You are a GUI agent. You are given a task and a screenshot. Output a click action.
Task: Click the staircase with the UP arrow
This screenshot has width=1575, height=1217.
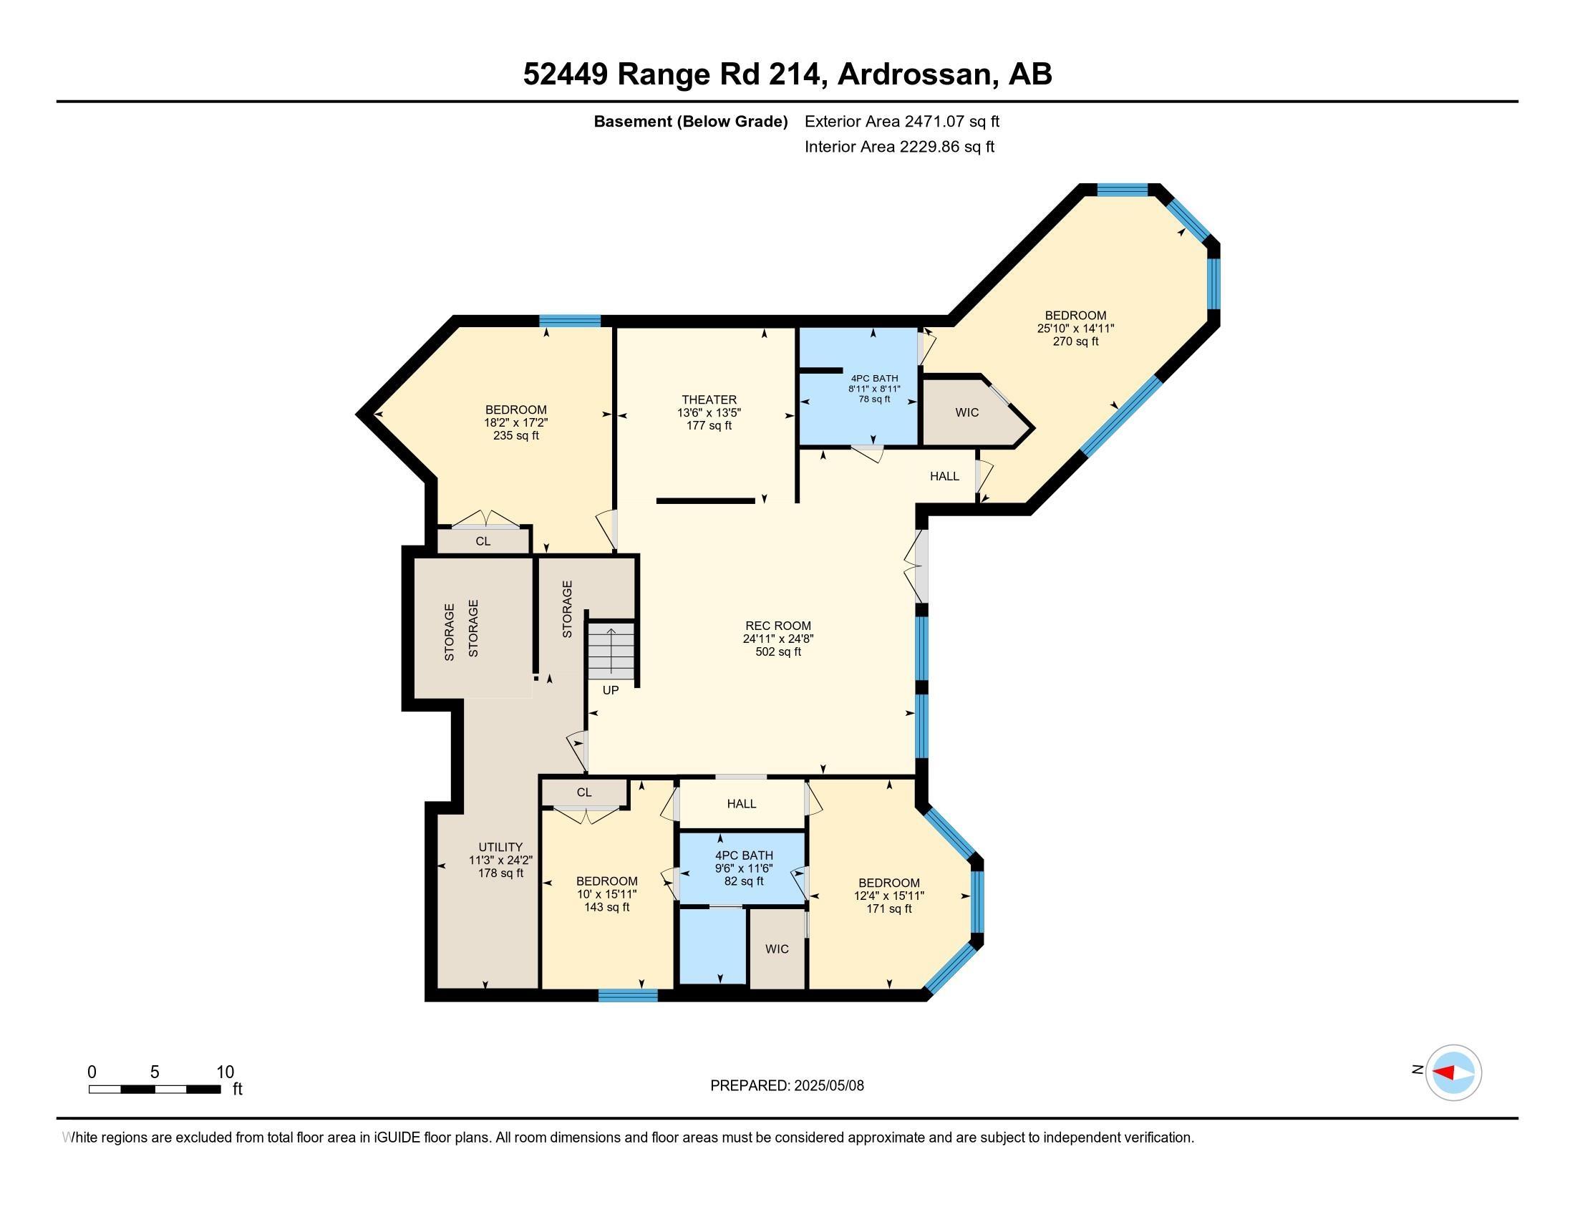click(x=611, y=651)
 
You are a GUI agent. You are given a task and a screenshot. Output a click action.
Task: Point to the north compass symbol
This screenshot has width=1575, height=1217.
click(x=1453, y=1072)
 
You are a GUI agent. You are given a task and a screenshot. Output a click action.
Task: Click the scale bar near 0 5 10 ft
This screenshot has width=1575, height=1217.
click(x=155, y=1089)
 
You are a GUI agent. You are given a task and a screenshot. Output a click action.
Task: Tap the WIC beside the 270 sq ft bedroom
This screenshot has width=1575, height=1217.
click(x=966, y=412)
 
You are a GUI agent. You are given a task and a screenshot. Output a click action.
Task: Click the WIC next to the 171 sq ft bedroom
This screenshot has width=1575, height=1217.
click(x=777, y=949)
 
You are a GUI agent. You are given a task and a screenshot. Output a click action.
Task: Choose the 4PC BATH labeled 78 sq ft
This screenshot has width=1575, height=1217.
click(x=874, y=388)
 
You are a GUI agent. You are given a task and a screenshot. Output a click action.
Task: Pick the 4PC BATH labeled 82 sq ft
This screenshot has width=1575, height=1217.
click(x=744, y=868)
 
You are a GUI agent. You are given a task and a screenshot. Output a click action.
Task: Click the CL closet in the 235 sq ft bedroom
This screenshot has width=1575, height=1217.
click(x=483, y=540)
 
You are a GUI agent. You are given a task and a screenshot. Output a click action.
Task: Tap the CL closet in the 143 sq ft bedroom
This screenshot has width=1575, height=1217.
click(x=584, y=792)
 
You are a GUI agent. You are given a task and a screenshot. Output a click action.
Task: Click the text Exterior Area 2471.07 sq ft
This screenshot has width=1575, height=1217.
click(x=901, y=121)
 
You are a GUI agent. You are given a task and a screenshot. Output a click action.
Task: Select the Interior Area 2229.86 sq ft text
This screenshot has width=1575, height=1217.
click(x=898, y=146)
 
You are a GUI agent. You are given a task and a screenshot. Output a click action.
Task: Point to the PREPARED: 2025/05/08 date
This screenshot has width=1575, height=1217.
click(x=787, y=1085)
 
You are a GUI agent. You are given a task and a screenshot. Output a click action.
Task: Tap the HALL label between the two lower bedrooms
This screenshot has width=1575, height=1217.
click(x=742, y=803)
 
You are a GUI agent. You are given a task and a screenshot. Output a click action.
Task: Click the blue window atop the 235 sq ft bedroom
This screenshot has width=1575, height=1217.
click(x=570, y=321)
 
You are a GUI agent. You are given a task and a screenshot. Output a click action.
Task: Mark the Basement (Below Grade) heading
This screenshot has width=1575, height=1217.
click(x=690, y=121)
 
